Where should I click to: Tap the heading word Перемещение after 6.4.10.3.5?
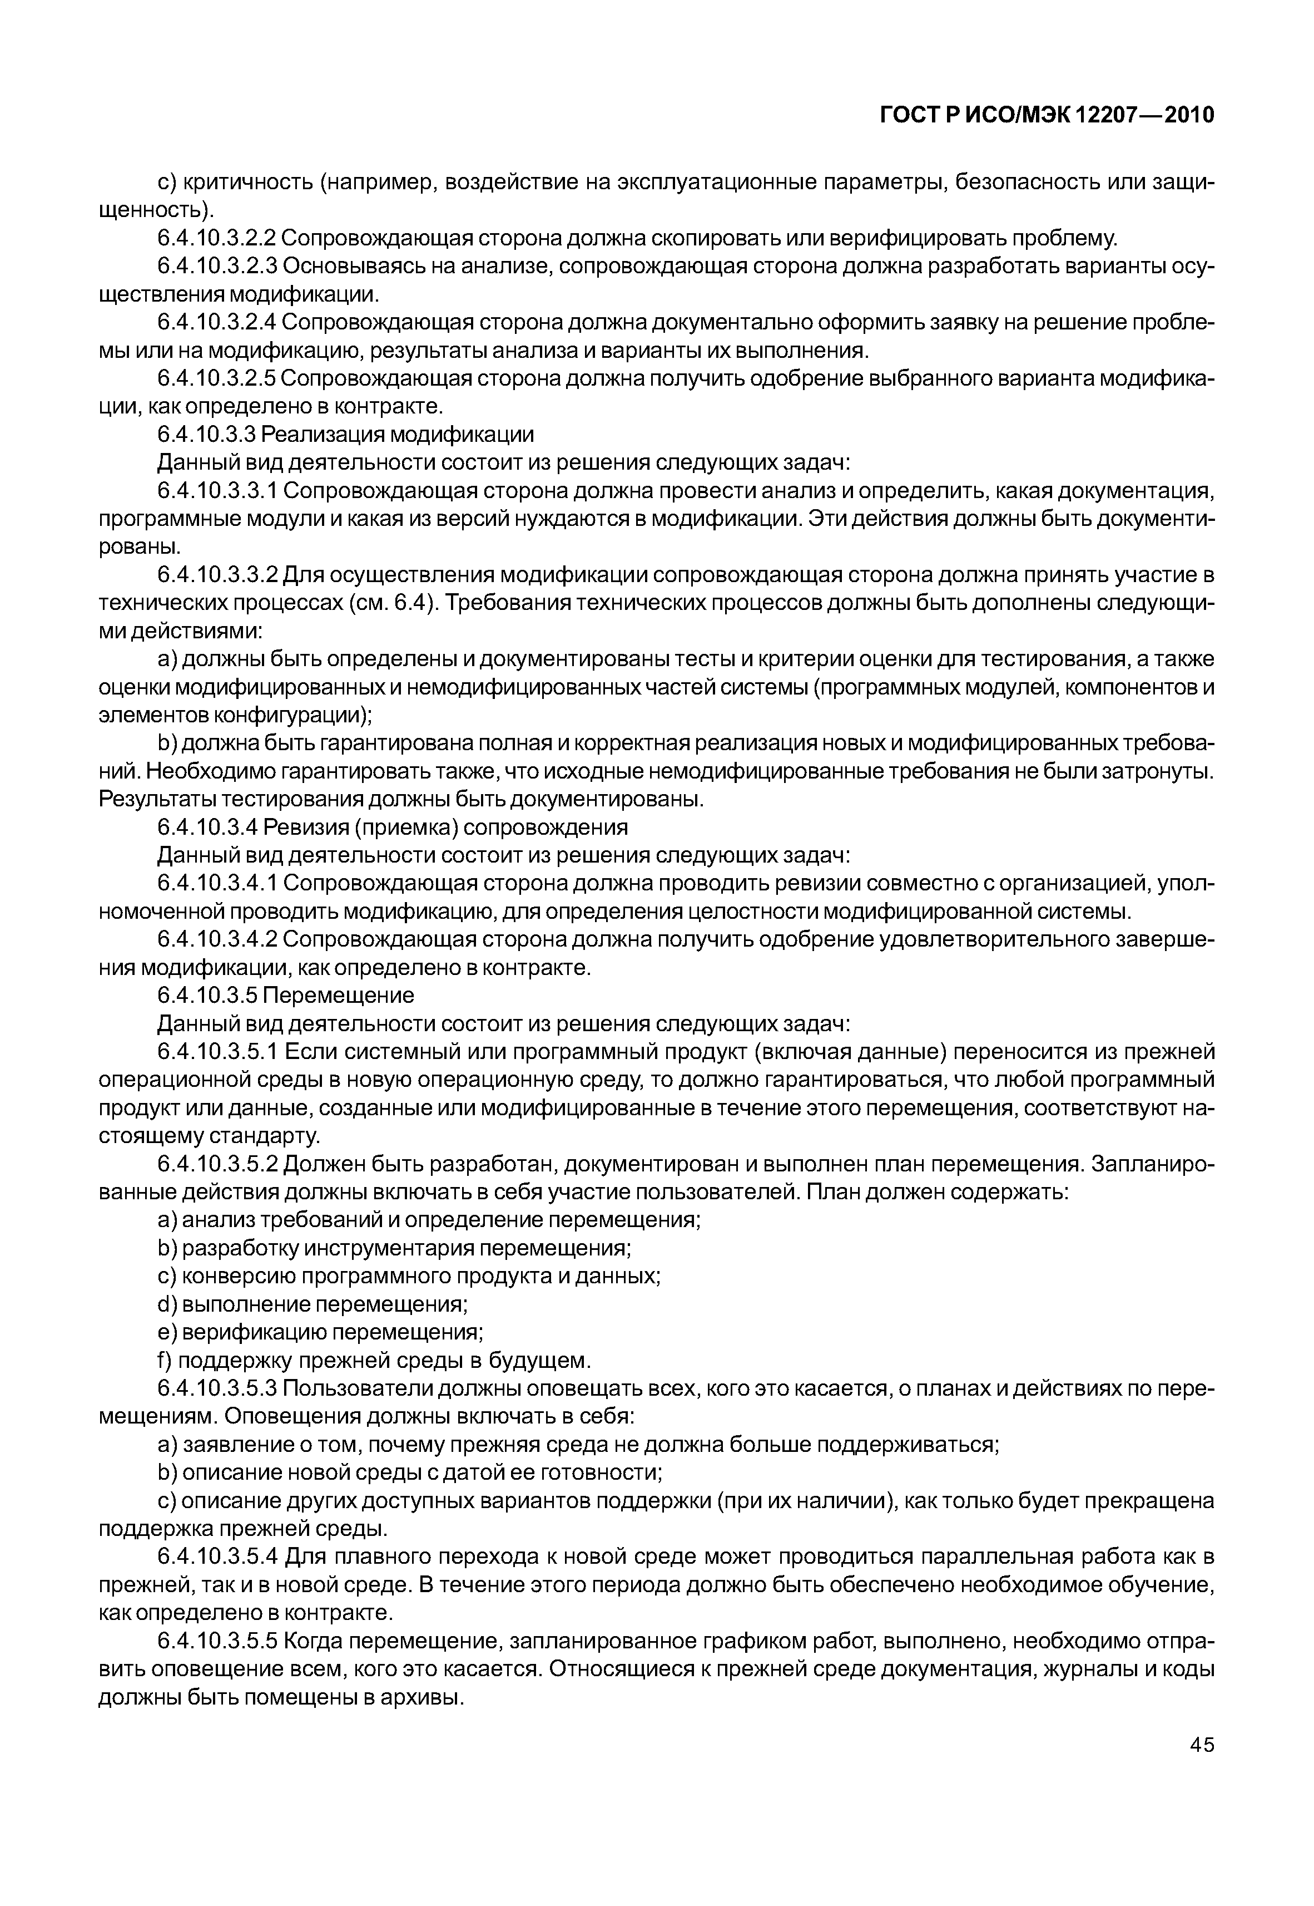[339, 996]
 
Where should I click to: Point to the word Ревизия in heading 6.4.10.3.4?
[298, 827]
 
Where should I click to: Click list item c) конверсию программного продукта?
[409, 1277]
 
